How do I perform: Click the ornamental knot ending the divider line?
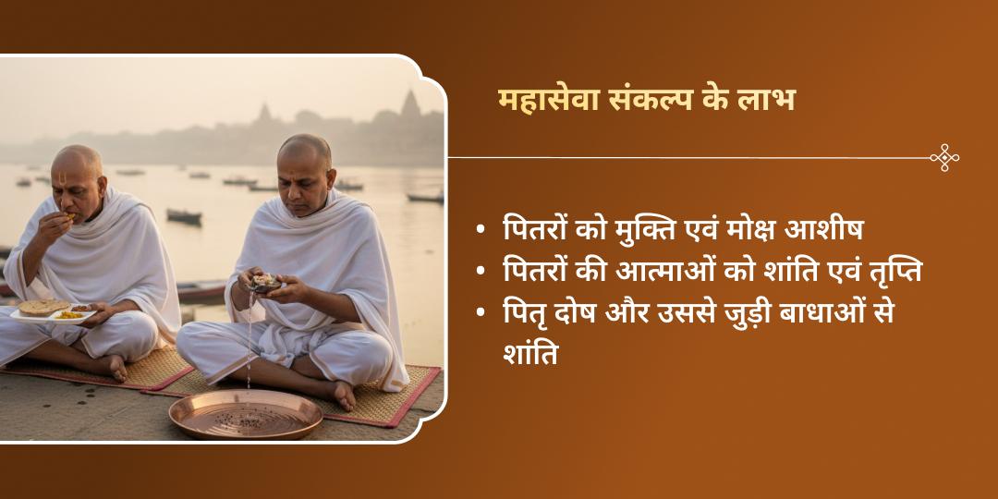(943, 158)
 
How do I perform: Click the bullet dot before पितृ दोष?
(481, 313)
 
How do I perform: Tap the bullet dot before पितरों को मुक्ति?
(481, 231)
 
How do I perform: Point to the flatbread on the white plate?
(42, 307)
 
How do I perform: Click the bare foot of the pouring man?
(343, 396)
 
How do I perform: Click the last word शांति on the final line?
(530, 354)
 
